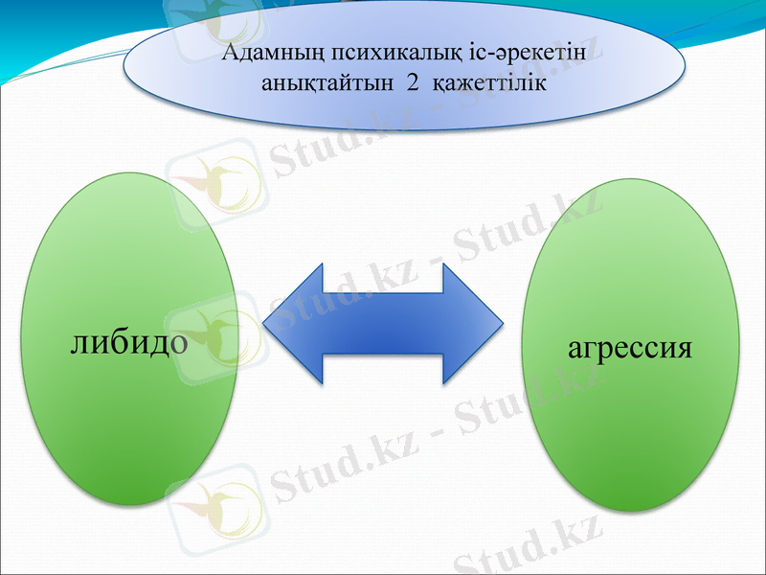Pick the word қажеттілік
pos(489,84)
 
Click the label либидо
pos(128,341)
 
